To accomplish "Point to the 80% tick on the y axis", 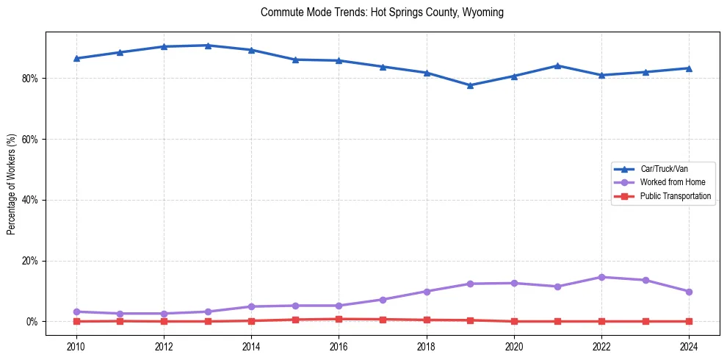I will [32, 79].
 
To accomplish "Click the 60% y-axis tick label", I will [32, 140].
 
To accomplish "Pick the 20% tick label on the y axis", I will [32, 261].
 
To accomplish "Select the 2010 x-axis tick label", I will [76, 347].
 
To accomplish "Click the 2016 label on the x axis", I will [339, 347].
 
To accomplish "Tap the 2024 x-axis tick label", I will [689, 347].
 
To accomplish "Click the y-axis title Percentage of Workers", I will [12, 184].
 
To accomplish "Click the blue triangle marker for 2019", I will [470, 85].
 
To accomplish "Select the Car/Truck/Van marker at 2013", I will [208, 46].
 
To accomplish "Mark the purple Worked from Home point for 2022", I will [601, 277].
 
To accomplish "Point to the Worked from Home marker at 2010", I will [76, 312].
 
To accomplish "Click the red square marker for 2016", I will [339, 319].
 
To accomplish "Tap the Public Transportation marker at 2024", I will [689, 321].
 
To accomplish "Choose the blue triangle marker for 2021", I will [557, 65].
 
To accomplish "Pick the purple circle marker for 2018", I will [427, 292].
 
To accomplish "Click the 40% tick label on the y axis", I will [32, 200].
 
